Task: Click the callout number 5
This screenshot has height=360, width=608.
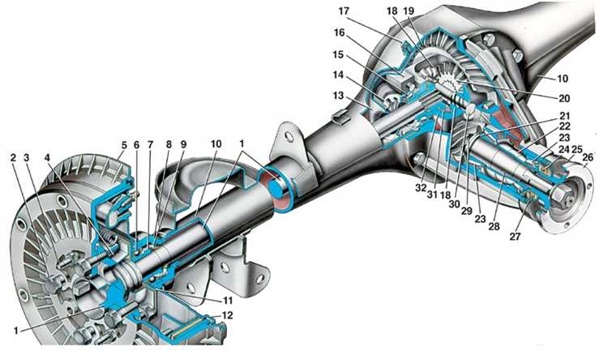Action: point(124,145)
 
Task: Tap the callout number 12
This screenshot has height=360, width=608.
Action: point(227,315)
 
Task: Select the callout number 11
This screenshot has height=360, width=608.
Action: point(228,301)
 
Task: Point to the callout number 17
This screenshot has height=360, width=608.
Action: point(344,11)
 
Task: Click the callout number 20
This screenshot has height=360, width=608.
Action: point(564,99)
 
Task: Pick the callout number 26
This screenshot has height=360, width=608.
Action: point(588,157)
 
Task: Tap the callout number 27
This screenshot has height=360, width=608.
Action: point(515,236)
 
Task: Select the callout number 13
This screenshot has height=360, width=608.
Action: point(339,95)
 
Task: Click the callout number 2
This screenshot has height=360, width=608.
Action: point(13,157)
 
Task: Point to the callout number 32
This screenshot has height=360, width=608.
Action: point(421,189)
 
